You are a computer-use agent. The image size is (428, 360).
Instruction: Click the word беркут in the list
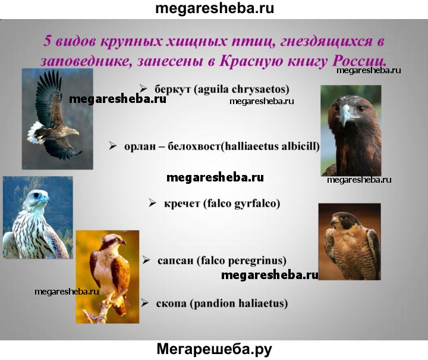(172, 89)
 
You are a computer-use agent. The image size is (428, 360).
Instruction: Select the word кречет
(182, 204)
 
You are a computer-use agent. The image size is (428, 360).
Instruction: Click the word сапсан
(175, 261)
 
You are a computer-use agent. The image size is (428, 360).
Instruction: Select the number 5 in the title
(47, 41)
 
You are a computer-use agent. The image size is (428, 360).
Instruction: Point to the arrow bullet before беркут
(143, 89)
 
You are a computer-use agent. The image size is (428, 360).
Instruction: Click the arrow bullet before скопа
(144, 303)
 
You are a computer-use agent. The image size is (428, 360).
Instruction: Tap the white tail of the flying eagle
(34, 133)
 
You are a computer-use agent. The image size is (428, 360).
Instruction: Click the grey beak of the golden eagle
(345, 114)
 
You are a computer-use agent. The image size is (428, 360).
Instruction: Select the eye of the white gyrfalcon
(37, 195)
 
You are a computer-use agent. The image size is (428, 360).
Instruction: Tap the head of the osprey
(112, 240)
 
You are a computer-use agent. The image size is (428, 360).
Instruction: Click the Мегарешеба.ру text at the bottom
(214, 349)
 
